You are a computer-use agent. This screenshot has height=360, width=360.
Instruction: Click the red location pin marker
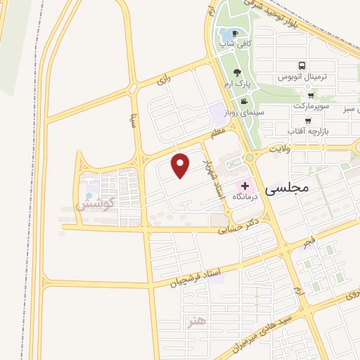[x=181, y=165]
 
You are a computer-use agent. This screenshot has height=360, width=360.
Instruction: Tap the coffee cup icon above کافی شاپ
[x=235, y=33]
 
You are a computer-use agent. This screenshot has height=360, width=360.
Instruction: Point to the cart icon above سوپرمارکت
[x=310, y=96]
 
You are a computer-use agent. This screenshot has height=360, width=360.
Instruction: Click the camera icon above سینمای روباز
[x=243, y=103]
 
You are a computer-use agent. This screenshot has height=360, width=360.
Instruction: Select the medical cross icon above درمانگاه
[x=245, y=186]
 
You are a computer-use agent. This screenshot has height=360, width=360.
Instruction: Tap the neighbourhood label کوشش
[x=93, y=207]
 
